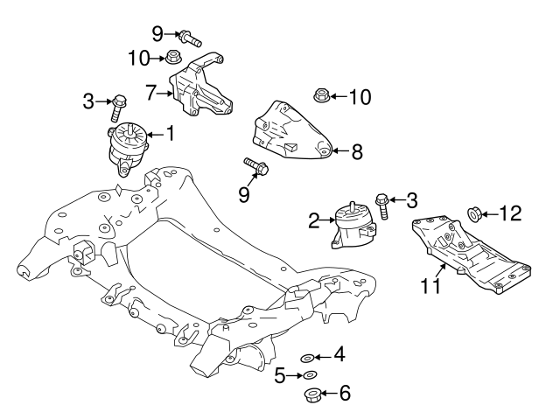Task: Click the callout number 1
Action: point(170,134)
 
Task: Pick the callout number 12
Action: point(512,213)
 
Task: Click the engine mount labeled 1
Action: point(129,145)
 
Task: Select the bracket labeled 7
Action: point(199,87)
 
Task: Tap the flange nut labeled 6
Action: point(311,395)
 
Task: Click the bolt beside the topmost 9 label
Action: point(189,38)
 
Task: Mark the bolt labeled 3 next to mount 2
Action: point(383,206)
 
